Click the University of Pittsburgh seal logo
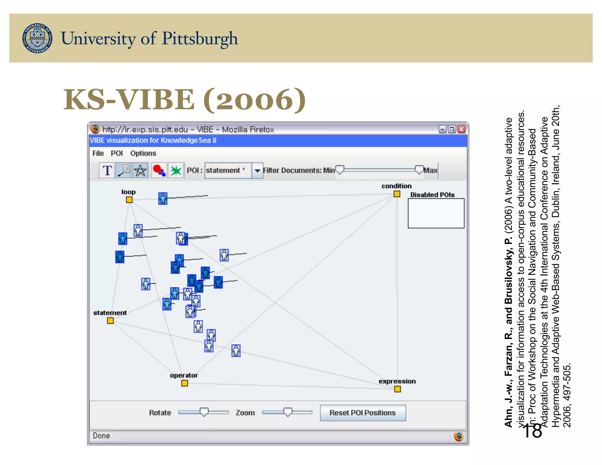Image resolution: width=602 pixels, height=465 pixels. coord(37,38)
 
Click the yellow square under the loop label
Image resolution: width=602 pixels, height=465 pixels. coord(129,200)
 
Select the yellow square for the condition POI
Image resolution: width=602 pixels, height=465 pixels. coord(397,194)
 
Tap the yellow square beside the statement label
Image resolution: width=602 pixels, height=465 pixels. coord(110,321)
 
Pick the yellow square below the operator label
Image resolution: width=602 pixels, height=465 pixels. coord(185,383)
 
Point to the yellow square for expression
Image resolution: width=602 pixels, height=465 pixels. coord(397,389)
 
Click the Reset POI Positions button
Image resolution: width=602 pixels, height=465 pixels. coord(363,413)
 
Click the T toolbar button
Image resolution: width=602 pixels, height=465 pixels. coord(107,170)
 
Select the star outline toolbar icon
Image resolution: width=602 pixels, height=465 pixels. coord(140,170)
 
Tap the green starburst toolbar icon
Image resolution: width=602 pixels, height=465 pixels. coord(176,170)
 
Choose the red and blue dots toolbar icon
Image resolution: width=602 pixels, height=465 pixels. coord(159,170)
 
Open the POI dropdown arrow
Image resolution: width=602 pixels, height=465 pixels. coord(257,170)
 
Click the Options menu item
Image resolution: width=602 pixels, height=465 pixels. coord(143,153)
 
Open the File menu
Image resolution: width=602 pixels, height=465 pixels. coord(98,153)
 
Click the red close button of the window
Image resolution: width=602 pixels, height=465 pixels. coord(461,129)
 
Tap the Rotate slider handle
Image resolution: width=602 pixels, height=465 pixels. coord(204,412)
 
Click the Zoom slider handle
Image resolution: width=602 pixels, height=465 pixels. coord(288,412)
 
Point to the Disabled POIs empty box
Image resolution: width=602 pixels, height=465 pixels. coord(436,213)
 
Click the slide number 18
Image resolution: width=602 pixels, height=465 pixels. coord(532,431)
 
